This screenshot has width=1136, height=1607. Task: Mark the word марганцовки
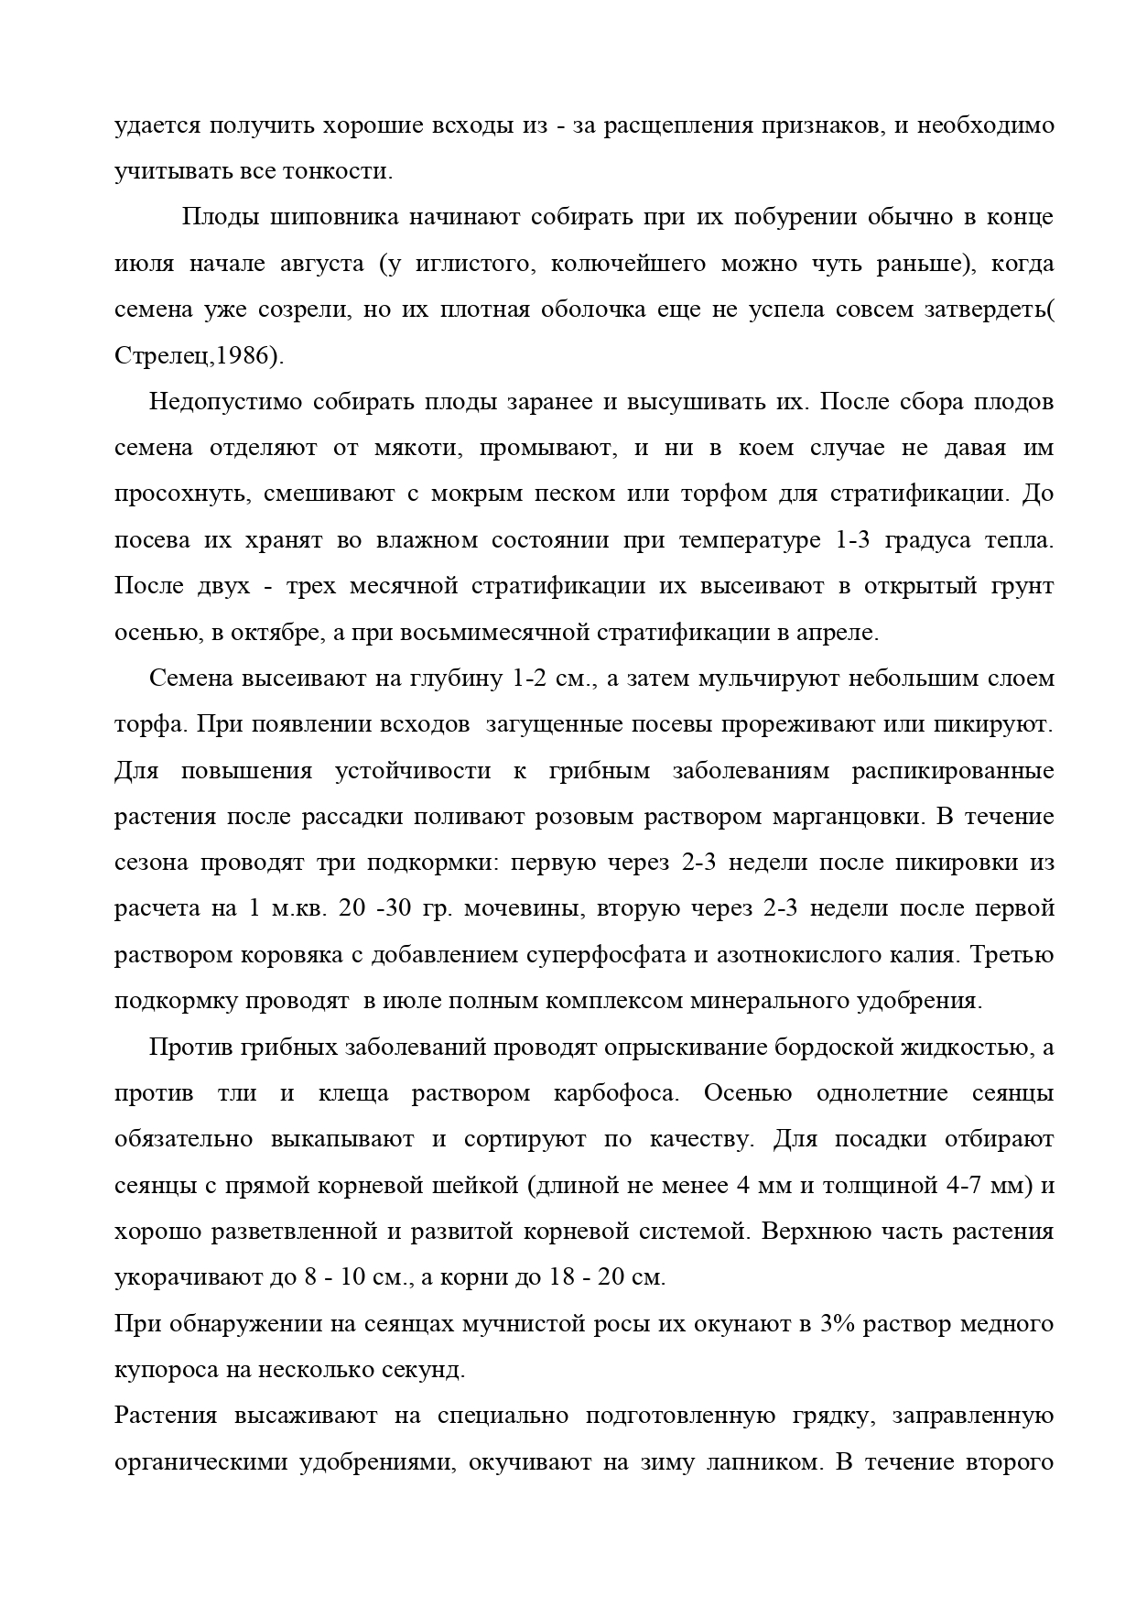840,817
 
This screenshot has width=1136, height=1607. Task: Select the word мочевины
520,909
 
